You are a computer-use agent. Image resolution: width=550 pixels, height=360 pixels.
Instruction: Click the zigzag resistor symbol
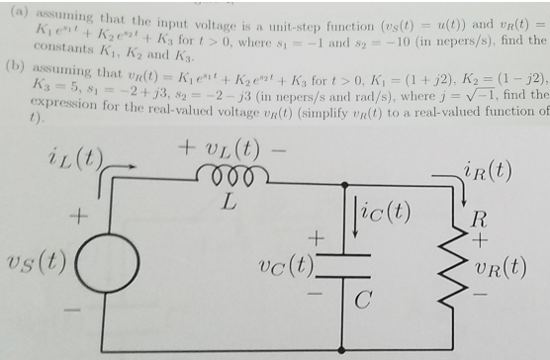pyautogui.click(x=462, y=264)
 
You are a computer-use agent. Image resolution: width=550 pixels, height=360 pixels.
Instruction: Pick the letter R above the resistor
pyautogui.click(x=478, y=217)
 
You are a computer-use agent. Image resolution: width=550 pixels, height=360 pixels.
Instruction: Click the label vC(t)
pyautogui.click(x=284, y=265)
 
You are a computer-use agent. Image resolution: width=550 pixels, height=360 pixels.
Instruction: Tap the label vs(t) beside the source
pyautogui.click(x=37, y=262)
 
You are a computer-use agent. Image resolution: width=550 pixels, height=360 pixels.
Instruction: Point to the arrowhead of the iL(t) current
pyautogui.click(x=128, y=167)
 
